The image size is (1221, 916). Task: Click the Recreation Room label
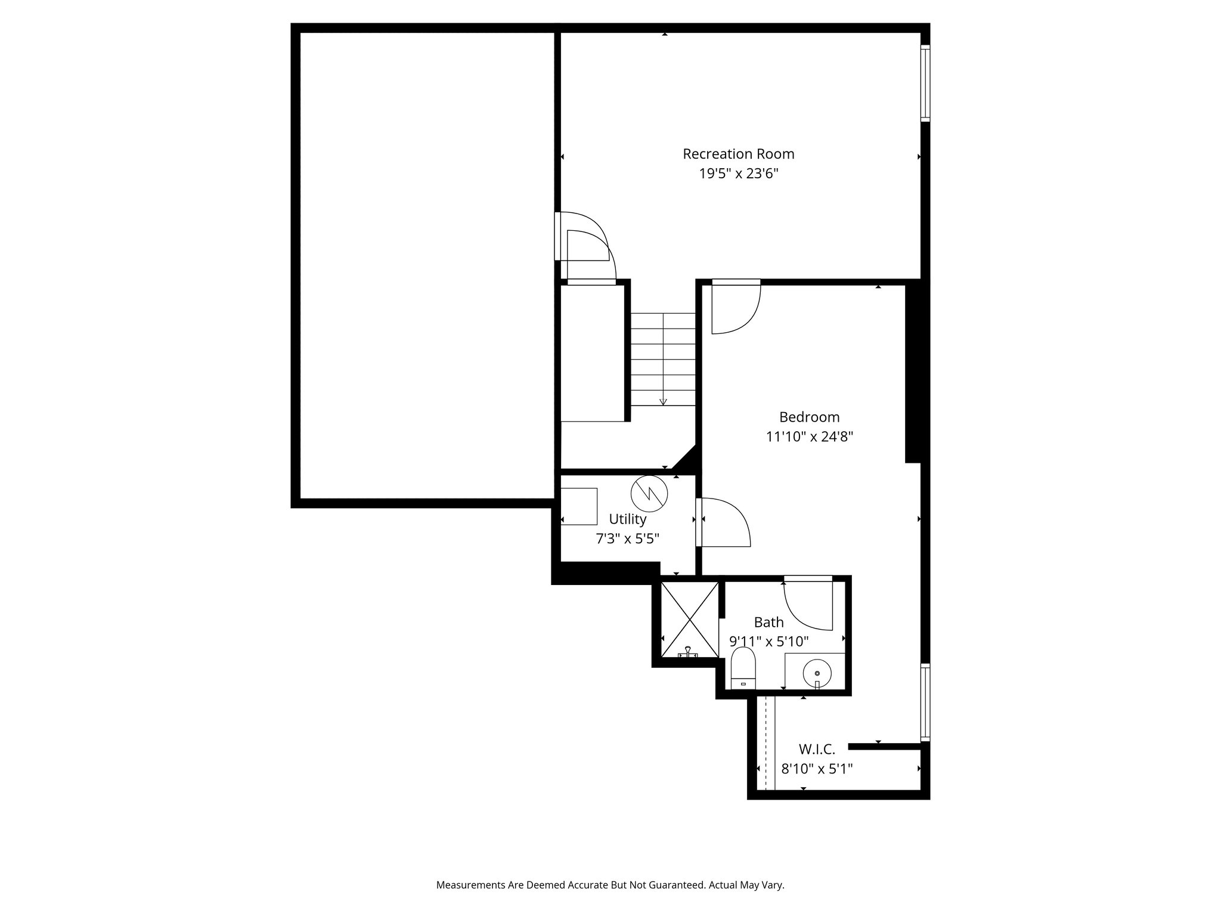click(738, 154)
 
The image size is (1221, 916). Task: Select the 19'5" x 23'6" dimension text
click(738, 174)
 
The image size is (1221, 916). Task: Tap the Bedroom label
click(809, 417)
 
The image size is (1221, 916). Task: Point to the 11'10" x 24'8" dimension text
click(809, 437)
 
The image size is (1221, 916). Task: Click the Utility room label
click(627, 519)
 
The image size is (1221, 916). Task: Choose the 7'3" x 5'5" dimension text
click(627, 539)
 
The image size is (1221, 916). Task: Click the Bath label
click(768, 622)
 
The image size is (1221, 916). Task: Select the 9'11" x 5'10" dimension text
click(768, 642)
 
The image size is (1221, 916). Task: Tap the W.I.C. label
click(816, 749)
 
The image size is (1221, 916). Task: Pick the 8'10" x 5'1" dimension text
click(817, 769)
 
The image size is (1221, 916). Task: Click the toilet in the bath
click(743, 670)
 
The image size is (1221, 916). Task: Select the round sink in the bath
click(817, 673)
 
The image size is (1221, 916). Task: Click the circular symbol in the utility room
click(649, 493)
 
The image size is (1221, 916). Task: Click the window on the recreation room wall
click(925, 83)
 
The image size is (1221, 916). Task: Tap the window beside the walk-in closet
click(925, 703)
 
